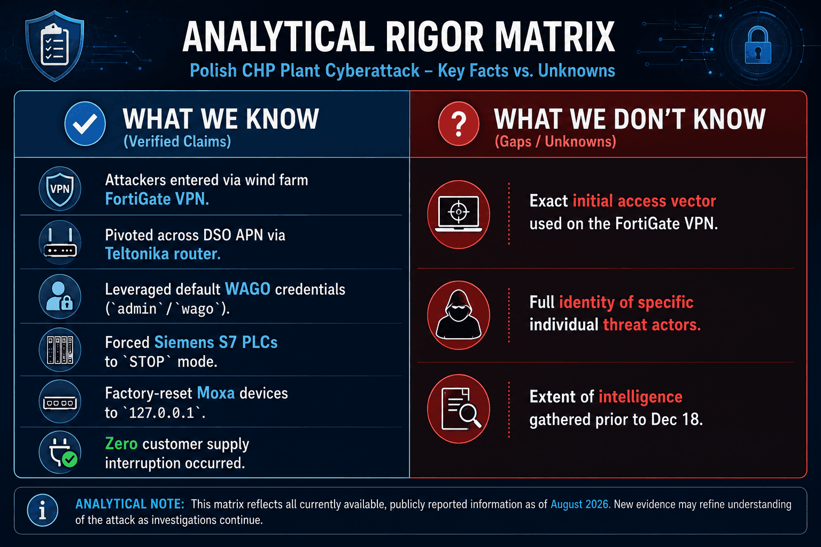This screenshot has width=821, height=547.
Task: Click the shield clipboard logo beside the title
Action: coord(55,46)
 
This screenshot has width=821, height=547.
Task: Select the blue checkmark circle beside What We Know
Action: coord(85,124)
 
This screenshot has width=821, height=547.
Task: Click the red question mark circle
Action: coord(459,124)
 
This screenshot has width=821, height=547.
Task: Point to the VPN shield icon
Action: coord(60,189)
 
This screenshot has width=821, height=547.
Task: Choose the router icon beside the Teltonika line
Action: coord(60,242)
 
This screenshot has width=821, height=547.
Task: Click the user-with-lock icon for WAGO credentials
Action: coord(60,296)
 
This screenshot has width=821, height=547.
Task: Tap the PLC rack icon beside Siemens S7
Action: coord(60,350)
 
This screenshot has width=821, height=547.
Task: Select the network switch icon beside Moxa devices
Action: coord(60,402)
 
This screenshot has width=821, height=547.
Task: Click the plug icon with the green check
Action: coord(60,452)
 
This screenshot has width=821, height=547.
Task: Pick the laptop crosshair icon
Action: coord(459,214)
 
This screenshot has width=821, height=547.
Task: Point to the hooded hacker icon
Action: coord(459,315)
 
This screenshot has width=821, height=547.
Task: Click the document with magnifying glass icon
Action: coord(459,409)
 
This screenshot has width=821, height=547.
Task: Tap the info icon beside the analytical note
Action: coord(43,510)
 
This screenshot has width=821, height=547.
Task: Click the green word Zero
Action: coord(121,444)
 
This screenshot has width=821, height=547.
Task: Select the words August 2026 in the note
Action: coord(580,504)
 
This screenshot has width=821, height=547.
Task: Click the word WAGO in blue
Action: coord(248,289)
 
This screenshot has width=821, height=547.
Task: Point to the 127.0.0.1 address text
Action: coord(161,413)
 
